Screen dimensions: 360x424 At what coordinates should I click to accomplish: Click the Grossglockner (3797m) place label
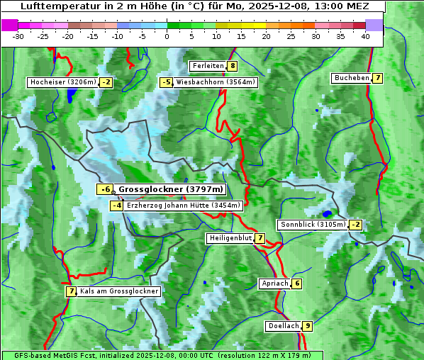170,189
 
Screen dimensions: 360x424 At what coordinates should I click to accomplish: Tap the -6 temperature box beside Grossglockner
105,189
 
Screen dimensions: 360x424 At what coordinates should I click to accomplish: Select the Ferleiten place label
208,66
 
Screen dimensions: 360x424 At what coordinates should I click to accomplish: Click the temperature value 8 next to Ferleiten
233,66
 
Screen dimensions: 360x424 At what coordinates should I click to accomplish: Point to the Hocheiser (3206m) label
62,82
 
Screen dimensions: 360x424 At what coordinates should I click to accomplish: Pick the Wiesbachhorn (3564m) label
216,82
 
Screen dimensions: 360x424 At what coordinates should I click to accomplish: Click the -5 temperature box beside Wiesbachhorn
167,82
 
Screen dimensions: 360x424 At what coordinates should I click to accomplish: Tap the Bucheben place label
352,78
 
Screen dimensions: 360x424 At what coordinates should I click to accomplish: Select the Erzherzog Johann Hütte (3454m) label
184,206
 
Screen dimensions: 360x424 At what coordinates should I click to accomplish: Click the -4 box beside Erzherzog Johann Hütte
117,206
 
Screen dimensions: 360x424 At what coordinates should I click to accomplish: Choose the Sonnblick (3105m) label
313,225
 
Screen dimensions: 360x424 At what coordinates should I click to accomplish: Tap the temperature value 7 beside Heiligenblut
260,238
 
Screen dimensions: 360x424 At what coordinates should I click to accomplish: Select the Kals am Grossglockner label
119,291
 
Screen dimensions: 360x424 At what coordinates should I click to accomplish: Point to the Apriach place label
275,283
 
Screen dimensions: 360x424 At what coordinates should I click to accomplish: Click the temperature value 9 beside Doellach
307,327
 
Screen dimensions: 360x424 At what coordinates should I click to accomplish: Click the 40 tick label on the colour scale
365,36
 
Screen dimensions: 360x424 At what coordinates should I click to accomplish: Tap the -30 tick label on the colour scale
19,36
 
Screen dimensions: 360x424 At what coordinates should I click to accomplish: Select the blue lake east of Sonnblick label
327,213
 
